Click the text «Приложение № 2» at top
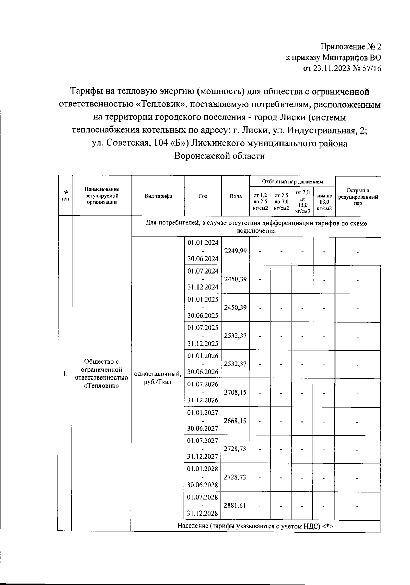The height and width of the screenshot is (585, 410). pyautogui.click(x=350, y=46)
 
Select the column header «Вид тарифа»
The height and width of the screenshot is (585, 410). pyautogui.click(x=158, y=196)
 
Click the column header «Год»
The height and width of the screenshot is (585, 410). pyautogui.click(x=203, y=196)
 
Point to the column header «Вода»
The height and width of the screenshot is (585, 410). pyautogui.click(x=235, y=196)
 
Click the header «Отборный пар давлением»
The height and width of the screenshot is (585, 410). pyautogui.click(x=292, y=181)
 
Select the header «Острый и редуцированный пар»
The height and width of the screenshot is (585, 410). pyautogui.click(x=358, y=197)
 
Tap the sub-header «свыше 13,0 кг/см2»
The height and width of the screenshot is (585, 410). pyautogui.click(x=324, y=202)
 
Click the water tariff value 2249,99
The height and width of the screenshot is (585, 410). pyautogui.click(x=235, y=251)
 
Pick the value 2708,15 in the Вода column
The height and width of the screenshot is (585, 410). pyautogui.click(x=235, y=393)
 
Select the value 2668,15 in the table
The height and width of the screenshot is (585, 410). pyautogui.click(x=235, y=421)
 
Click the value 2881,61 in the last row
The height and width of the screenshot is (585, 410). pyautogui.click(x=235, y=505)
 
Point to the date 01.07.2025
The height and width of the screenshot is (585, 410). pyautogui.click(x=203, y=328)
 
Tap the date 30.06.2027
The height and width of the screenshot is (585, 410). pyautogui.click(x=203, y=429)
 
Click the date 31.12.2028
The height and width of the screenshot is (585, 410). pyautogui.click(x=203, y=513)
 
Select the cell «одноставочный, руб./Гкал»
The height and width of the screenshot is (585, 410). pyautogui.click(x=158, y=378)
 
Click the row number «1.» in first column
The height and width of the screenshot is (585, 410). pyautogui.click(x=65, y=373)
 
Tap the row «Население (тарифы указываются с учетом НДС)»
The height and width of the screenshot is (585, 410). pyautogui.click(x=255, y=526)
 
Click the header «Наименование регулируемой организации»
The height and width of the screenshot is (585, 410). pyautogui.click(x=102, y=196)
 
